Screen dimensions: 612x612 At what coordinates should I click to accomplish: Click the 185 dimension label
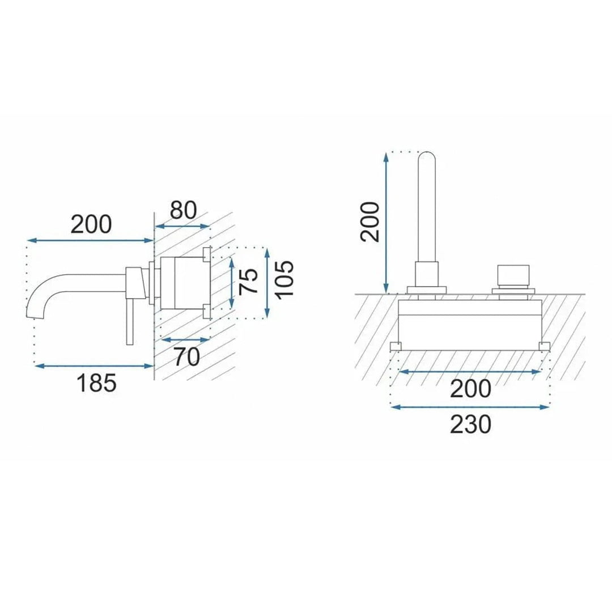click(x=97, y=382)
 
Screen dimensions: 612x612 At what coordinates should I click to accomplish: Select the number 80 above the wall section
click(x=183, y=210)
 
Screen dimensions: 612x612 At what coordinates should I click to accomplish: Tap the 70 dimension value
click(x=187, y=357)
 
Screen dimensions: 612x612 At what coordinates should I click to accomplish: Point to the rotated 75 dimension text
click(x=249, y=281)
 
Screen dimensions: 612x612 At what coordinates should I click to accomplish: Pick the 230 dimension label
click(x=470, y=424)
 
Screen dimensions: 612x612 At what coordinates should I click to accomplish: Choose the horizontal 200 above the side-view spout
click(x=91, y=224)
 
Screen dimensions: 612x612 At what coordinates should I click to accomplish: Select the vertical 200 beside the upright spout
click(x=369, y=222)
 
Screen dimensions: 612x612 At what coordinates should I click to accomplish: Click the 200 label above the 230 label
click(x=470, y=389)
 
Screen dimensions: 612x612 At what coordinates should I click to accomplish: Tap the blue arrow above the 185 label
click(x=93, y=365)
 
